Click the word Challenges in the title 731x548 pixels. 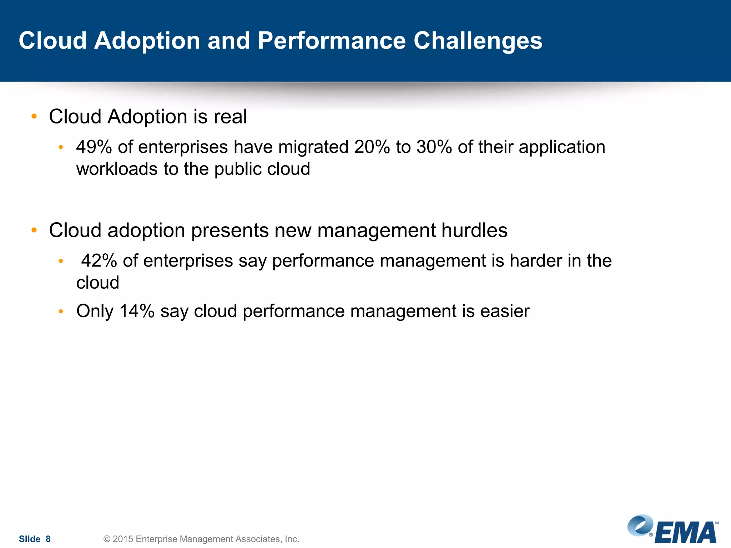pos(478,41)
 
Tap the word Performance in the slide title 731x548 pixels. pos(331,40)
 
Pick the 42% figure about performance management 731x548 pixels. pos(99,261)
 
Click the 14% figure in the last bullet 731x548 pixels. pos(137,311)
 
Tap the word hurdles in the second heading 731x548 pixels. pos(474,230)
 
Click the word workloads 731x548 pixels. pos(117,169)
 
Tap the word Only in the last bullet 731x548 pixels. pos(95,311)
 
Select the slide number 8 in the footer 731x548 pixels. pos(48,539)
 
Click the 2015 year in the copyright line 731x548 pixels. pos(123,539)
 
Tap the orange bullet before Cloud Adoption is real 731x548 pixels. pos(34,116)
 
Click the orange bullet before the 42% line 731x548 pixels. pos(61,261)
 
